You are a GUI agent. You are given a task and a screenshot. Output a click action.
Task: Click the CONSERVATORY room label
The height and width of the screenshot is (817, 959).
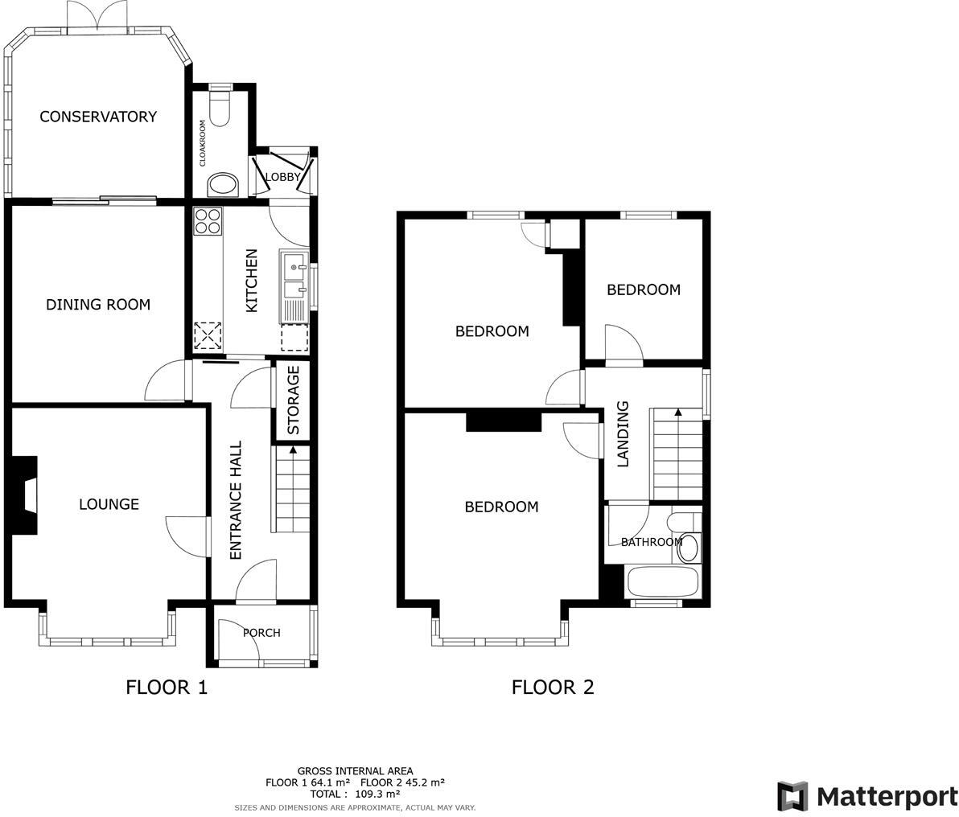click(98, 117)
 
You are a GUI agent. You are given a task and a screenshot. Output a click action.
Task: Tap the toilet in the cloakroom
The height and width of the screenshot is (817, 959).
click(220, 105)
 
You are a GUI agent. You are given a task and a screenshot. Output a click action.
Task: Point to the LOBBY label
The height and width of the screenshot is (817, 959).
click(282, 177)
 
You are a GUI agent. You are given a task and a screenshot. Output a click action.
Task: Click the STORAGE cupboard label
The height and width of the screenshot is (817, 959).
click(294, 400)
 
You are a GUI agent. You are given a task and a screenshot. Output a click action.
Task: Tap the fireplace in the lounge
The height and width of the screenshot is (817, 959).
click(26, 495)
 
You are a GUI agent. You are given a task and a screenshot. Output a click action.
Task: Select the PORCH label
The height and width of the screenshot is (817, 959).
click(261, 633)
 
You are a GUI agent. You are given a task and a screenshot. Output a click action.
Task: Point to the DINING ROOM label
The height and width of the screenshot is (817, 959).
click(98, 305)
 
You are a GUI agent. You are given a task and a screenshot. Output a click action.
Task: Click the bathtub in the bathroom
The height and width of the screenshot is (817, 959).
click(662, 581)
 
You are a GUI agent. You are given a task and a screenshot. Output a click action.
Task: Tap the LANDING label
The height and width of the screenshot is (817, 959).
click(622, 434)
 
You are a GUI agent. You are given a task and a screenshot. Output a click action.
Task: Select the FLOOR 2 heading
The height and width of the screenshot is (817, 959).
click(553, 688)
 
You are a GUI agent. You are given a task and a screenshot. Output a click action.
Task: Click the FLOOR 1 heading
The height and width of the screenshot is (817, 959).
click(167, 688)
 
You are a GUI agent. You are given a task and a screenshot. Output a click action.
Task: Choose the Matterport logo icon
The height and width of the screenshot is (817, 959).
click(792, 796)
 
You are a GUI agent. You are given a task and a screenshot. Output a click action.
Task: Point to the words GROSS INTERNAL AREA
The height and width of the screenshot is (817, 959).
click(355, 770)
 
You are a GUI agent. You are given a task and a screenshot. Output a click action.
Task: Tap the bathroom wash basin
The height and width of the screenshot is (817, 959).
click(689, 548)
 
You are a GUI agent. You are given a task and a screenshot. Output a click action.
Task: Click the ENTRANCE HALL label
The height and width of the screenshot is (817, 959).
click(236, 500)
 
